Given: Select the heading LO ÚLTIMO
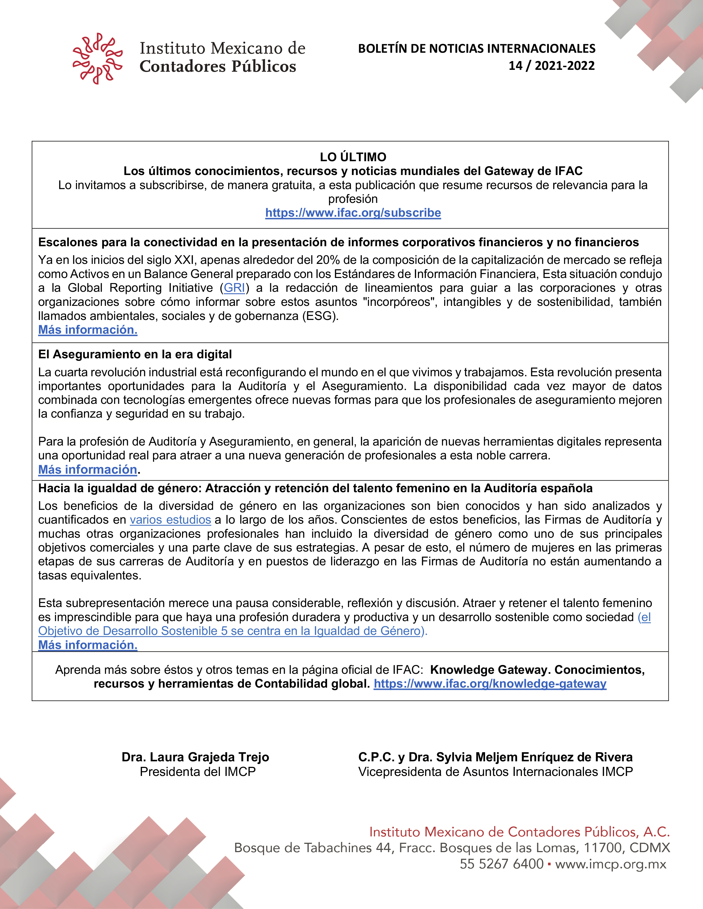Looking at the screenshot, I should (353, 157).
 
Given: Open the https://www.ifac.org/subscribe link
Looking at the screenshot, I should (353, 213).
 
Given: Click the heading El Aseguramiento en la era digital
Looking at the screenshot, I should (135, 354).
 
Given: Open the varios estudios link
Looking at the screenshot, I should (170, 520).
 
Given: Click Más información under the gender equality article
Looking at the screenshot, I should (88, 645).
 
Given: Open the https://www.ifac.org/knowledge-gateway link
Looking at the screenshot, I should (490, 683).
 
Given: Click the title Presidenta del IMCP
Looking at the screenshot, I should (198, 772).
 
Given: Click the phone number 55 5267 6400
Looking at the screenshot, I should (501, 864).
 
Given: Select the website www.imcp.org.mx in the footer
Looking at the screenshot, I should (610, 864).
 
